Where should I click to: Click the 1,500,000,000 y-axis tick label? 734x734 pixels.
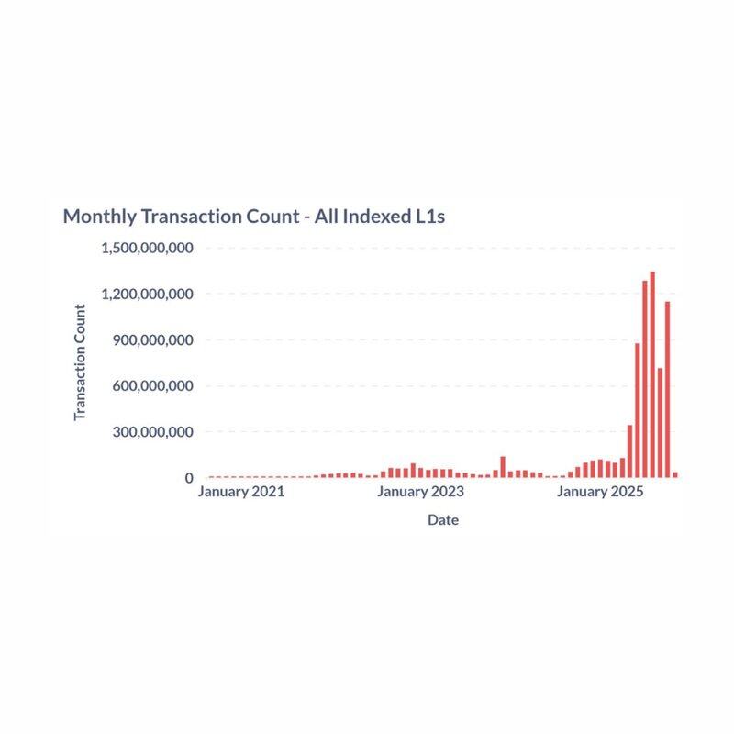pyautogui.click(x=148, y=248)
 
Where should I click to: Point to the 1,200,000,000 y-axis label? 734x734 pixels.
pyautogui.click(x=148, y=294)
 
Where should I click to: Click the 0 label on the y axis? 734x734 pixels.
pyautogui.click(x=189, y=478)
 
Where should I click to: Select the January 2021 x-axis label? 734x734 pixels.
pyautogui.click(x=241, y=492)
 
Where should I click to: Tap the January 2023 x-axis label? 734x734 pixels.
pyautogui.click(x=421, y=492)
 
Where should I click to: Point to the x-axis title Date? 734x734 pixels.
pyautogui.click(x=443, y=520)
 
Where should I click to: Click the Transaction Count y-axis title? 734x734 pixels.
pyautogui.click(x=80, y=362)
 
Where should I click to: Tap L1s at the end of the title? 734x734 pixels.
pyautogui.click(x=428, y=217)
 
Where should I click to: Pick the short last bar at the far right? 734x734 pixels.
pyautogui.click(x=675, y=474)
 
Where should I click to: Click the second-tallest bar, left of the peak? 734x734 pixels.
pyautogui.click(x=645, y=378)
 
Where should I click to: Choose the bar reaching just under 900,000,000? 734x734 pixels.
pyautogui.click(x=638, y=410)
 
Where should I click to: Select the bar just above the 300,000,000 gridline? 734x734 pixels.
pyautogui.click(x=629, y=450)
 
